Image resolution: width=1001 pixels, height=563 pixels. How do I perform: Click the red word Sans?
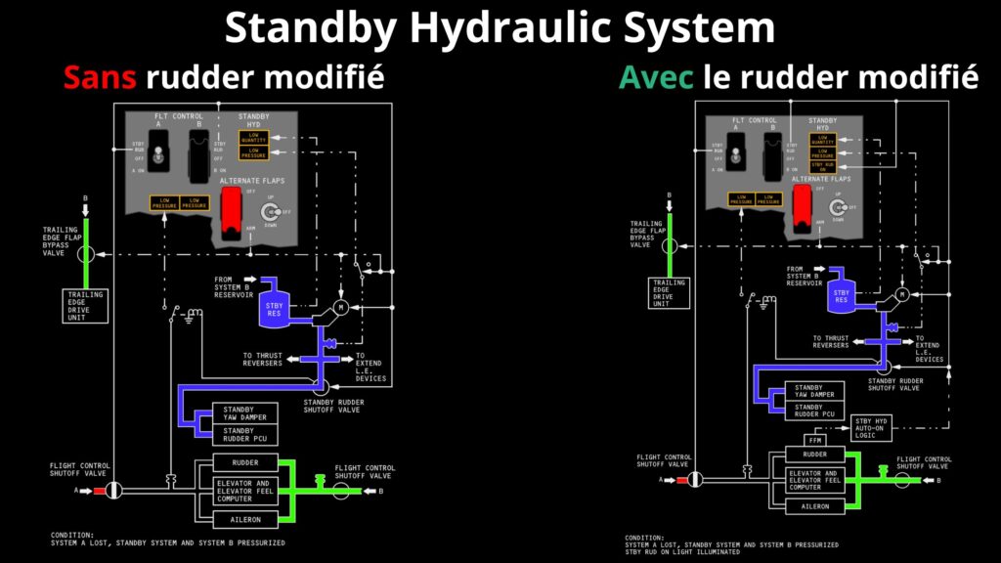click(x=98, y=77)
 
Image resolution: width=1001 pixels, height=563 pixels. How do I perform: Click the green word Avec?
click(x=656, y=77)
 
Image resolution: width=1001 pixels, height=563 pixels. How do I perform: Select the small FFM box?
click(x=815, y=440)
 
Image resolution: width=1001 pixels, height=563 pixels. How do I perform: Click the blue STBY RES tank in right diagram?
click(x=841, y=294)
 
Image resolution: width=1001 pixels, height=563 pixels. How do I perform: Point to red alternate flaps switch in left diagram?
click(x=232, y=210)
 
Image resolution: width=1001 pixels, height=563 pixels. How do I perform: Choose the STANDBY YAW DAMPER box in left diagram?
click(x=239, y=412)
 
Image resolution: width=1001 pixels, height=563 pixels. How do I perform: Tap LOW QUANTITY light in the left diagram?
click(x=253, y=137)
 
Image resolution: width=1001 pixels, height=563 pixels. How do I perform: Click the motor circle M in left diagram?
click(x=339, y=308)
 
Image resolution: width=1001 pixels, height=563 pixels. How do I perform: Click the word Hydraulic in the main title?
click(x=505, y=27)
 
